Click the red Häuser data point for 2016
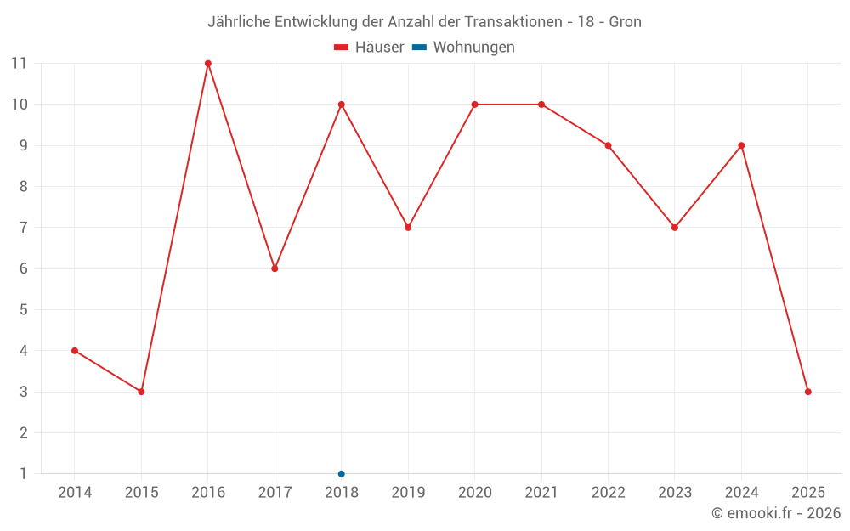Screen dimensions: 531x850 [x=208, y=64]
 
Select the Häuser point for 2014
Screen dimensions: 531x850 [x=75, y=351]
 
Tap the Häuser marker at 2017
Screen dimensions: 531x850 [x=275, y=268]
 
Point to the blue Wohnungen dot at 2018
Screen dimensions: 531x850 [x=342, y=474]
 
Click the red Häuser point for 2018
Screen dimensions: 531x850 [x=342, y=105]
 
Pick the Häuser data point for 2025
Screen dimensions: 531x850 [x=808, y=392]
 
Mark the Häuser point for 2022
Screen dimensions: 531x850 [x=608, y=145]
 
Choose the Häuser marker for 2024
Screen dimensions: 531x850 [x=741, y=145]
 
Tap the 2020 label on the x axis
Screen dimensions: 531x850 [x=474, y=493]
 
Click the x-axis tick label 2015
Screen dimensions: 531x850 [x=141, y=493]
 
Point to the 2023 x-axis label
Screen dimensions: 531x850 [x=675, y=493]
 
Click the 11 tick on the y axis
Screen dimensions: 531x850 [x=19, y=64]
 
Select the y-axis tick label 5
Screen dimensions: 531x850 [x=23, y=310]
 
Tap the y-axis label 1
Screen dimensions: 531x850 [x=23, y=474]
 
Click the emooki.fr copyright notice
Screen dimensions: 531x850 [x=775, y=513]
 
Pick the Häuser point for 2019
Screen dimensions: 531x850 [x=408, y=228]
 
